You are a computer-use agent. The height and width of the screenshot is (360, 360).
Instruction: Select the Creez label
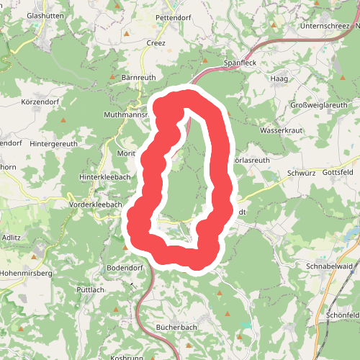156,43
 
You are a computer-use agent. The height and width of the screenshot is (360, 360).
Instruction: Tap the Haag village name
279,78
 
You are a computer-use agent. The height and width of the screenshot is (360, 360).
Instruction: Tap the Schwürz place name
301,174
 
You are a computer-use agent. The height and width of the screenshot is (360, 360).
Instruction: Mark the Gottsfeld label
338,174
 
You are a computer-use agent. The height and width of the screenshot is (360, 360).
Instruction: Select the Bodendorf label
125,268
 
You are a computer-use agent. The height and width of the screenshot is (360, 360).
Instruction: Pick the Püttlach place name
91,289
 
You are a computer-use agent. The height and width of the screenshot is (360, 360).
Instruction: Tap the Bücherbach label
176,328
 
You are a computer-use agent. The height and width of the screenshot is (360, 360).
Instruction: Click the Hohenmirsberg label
27,274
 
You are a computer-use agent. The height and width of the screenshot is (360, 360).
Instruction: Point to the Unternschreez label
328,26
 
